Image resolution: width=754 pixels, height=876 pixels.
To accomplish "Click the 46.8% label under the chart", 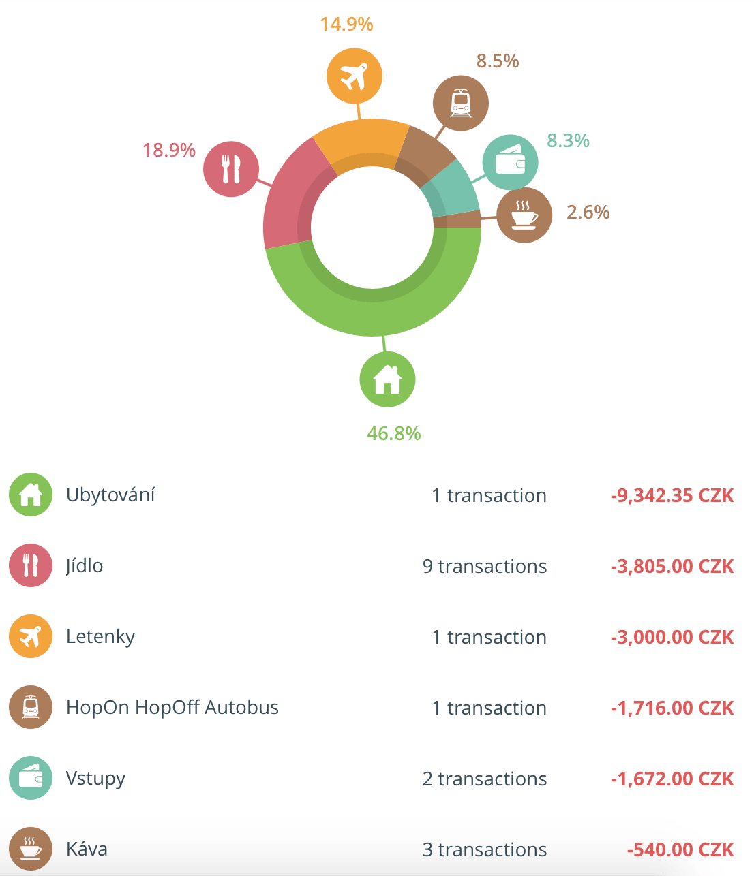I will (393, 433).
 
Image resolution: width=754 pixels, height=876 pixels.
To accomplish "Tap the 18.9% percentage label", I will (168, 150).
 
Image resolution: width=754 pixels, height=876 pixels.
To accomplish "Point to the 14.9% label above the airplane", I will (346, 25).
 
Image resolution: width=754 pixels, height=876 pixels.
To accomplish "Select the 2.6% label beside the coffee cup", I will (588, 212).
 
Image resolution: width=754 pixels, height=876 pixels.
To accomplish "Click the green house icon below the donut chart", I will (387, 379).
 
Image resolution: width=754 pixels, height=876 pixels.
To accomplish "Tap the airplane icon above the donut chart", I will (354, 76).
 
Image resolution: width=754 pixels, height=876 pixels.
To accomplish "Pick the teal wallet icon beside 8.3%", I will (510, 163).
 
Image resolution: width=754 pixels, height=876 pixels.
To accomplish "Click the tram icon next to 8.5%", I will (460, 104).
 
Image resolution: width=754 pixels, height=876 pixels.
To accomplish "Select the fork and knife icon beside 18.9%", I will (231, 169).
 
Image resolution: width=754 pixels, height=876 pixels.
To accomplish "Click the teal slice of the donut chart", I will (453, 191).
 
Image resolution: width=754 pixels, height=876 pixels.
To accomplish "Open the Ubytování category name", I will (110, 495).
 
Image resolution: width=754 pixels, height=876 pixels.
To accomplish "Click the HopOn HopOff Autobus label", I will (172, 708).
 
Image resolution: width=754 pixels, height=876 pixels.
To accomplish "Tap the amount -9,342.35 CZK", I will (672, 495).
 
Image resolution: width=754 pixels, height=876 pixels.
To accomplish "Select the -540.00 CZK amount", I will (680, 849).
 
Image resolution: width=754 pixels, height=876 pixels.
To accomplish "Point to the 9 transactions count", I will (484, 566).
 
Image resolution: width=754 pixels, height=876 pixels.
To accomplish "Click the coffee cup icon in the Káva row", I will (31, 849).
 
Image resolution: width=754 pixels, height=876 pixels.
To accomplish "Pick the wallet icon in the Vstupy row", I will (31, 778).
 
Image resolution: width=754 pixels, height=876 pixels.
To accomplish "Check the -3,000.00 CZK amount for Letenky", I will (672, 637).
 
